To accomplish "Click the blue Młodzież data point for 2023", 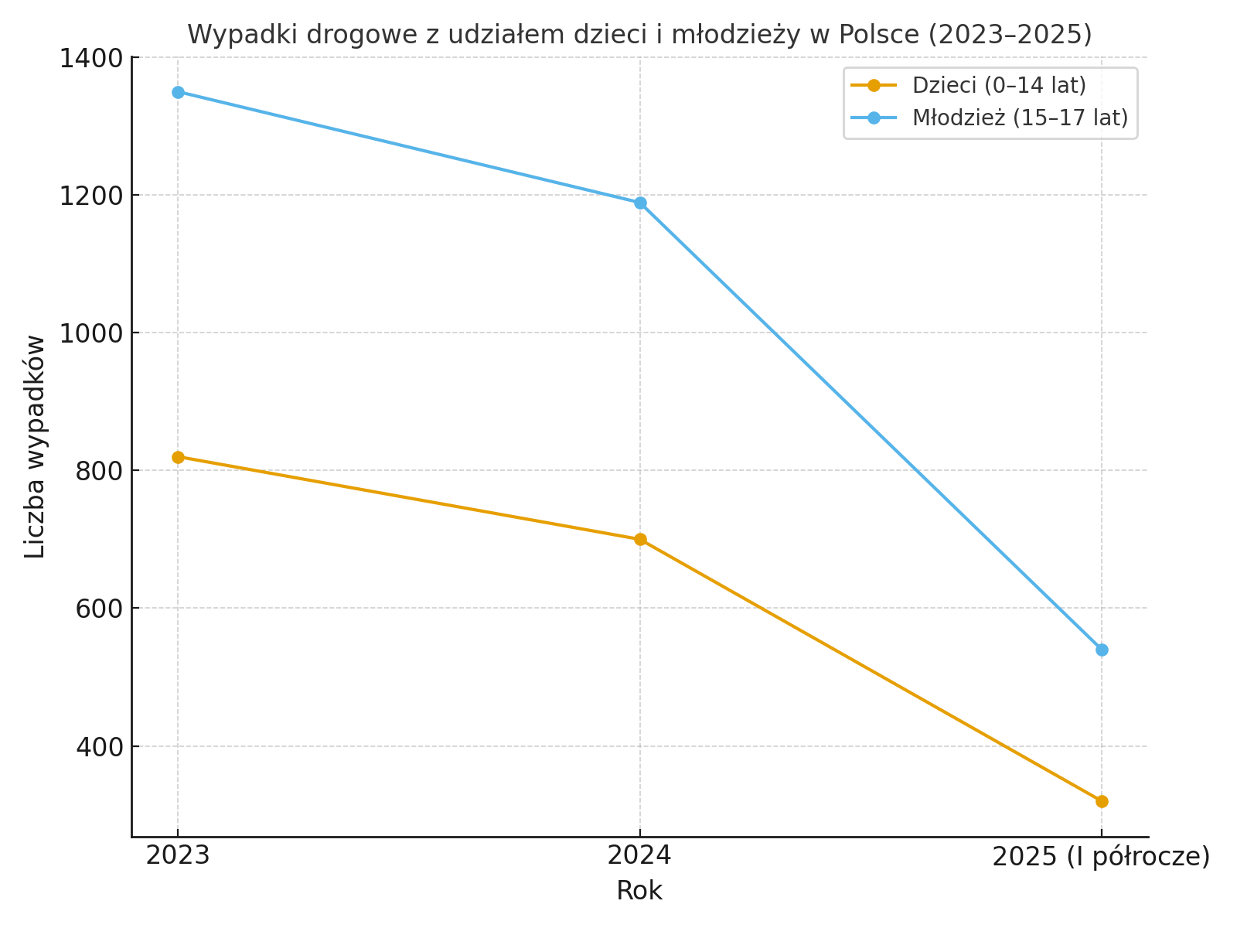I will point(178,92).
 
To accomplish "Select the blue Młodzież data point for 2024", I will point(640,203).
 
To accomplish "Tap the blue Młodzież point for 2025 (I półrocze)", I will point(1102,650).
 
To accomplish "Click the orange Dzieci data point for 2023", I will point(178,457).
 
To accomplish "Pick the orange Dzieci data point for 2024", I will point(640,540).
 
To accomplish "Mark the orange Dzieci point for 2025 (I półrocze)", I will point(1102,801).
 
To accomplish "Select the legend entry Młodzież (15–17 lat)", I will point(1020,118).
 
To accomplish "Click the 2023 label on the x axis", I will point(178,856).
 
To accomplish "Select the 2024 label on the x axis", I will point(640,856).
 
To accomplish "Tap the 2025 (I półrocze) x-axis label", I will point(1101,857).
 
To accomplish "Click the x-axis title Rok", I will point(639,891).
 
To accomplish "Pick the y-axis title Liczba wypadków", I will point(36,446).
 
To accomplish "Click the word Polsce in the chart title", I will point(880,35).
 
